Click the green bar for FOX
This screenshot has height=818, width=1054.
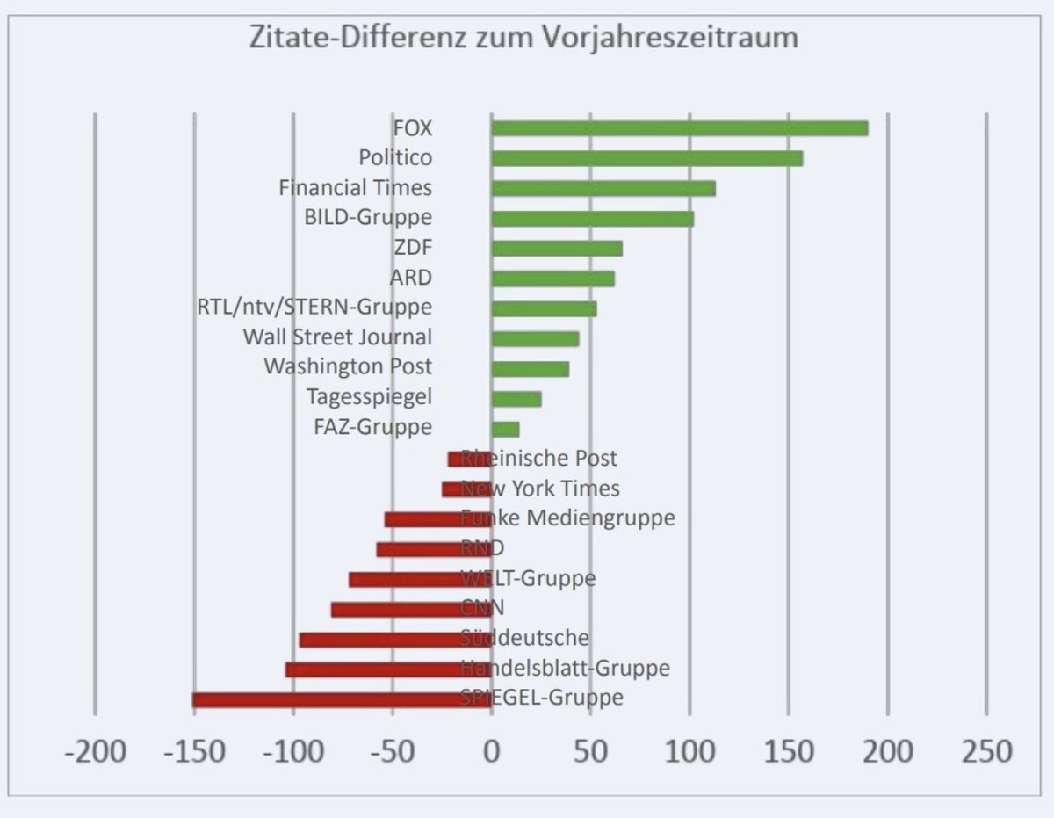(679, 128)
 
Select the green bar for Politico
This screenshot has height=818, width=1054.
(646, 158)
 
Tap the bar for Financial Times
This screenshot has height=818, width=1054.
(603, 188)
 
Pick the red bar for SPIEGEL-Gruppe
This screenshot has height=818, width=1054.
(341, 699)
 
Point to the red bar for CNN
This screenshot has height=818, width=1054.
(411, 609)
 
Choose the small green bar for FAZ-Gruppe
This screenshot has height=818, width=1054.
(505, 429)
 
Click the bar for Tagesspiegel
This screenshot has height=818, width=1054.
(516, 399)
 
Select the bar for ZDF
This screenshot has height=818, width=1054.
(556, 248)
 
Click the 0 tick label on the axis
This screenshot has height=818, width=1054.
(491, 752)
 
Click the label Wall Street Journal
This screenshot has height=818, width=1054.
(337, 337)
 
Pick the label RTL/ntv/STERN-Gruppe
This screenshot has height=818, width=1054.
(315, 308)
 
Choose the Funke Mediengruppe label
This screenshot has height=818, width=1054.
(568, 518)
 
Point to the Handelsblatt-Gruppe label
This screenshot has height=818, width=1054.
(565, 668)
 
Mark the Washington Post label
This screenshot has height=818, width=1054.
(348, 366)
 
